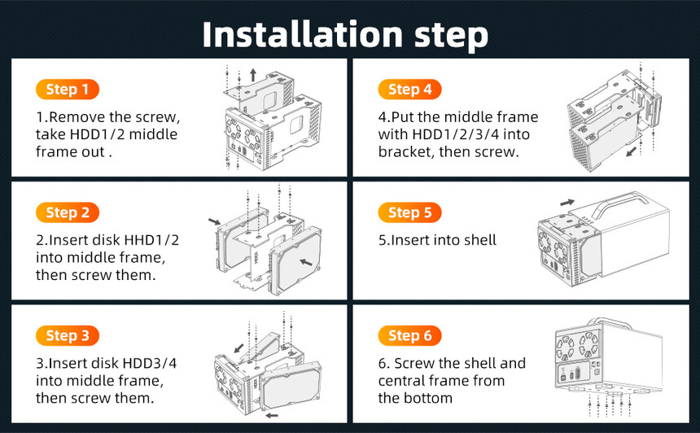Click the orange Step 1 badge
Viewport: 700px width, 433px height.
tap(68, 90)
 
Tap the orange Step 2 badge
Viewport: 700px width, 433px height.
tap(68, 212)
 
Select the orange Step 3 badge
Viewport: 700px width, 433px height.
tap(68, 335)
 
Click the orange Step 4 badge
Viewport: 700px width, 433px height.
tap(409, 90)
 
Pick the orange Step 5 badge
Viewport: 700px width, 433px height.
tap(409, 212)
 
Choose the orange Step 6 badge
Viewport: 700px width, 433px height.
tap(409, 335)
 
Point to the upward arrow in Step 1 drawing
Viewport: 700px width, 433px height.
tap(253, 75)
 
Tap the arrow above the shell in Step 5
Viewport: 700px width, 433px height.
tap(567, 203)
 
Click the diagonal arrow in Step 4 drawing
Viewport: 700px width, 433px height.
tap(632, 151)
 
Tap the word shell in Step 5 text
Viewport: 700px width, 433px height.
tap(480, 240)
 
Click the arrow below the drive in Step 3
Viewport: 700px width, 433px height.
tap(271, 416)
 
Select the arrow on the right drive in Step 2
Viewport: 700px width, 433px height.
tap(306, 262)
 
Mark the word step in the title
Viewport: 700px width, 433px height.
tap(452, 36)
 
